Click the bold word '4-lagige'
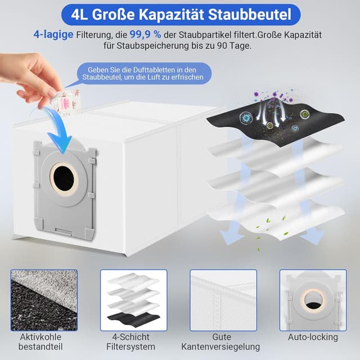point(49,34)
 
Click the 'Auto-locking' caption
point(313,337)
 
